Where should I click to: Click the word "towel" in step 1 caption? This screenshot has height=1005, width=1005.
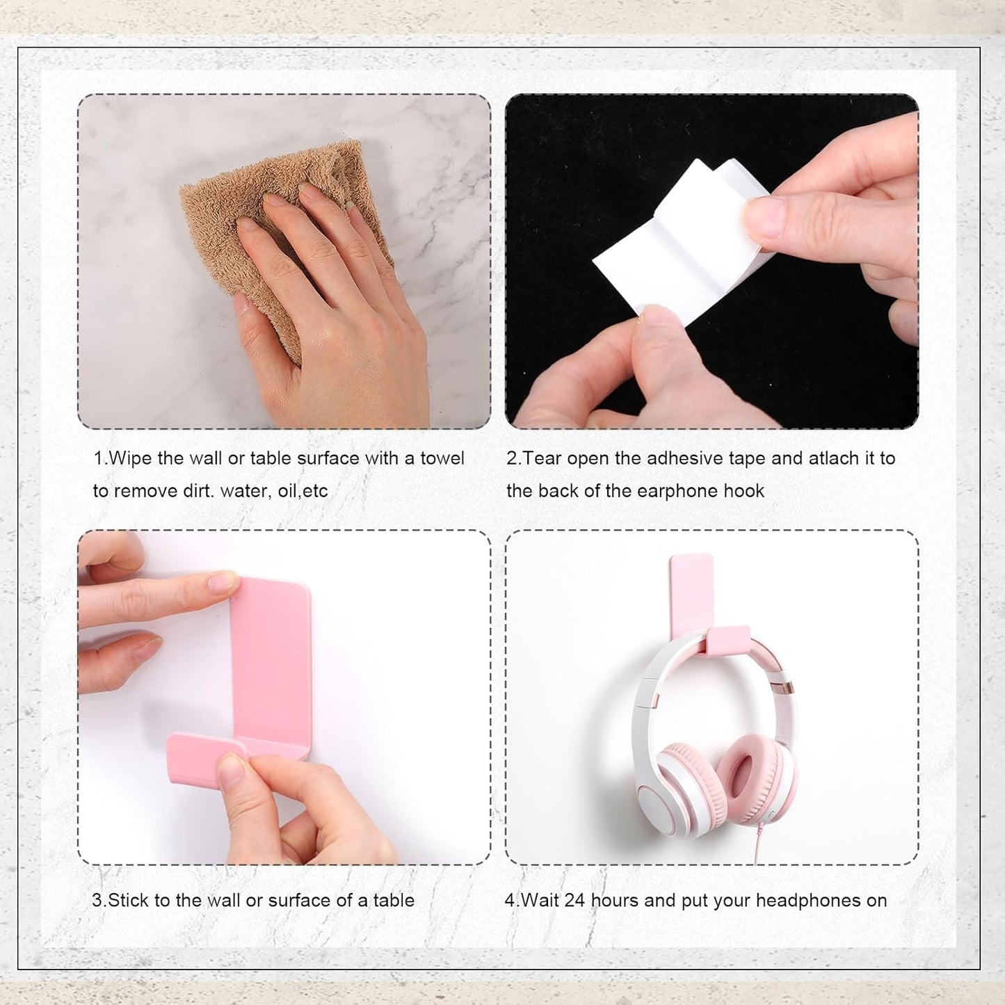(x=442, y=458)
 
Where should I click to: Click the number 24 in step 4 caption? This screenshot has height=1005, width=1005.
(x=574, y=901)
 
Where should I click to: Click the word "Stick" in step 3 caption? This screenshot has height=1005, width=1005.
(x=129, y=901)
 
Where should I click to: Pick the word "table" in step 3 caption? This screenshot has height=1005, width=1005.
(x=394, y=901)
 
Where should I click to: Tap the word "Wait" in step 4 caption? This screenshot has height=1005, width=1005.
(x=540, y=901)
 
